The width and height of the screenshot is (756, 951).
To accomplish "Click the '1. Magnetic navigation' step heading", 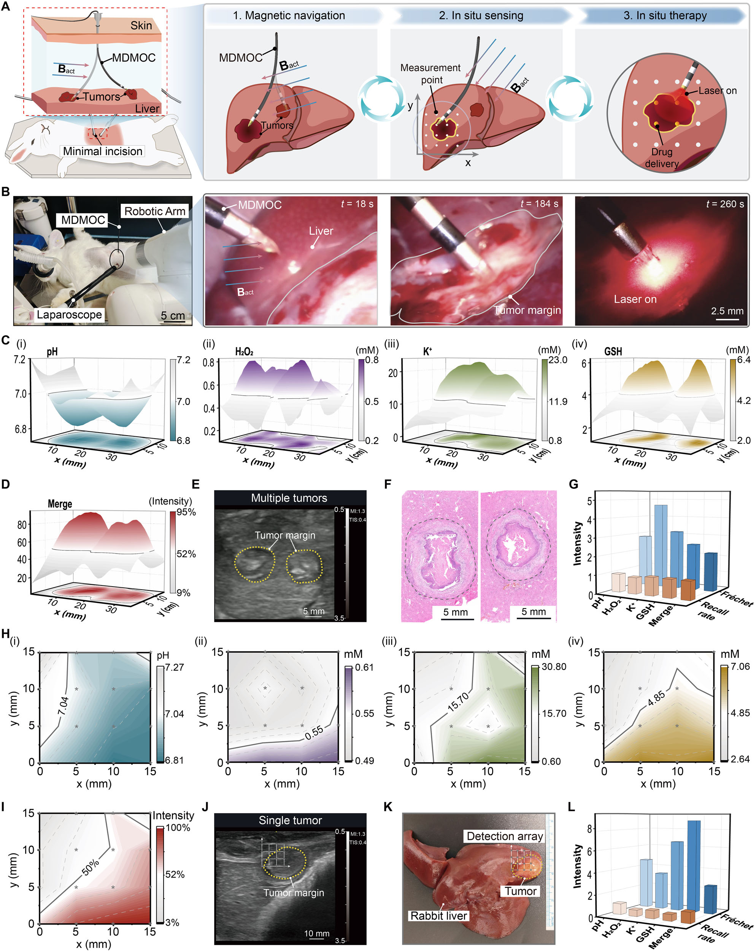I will tap(289, 16).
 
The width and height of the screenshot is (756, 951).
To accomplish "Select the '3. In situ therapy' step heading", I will tap(665, 16).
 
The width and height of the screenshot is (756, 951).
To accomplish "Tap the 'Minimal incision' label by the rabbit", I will tap(102, 151).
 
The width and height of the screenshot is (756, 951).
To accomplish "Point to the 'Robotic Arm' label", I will tap(154, 211).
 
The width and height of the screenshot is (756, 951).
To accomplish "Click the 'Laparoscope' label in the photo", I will tap(69, 315).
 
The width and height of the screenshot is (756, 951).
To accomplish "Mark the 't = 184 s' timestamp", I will tap(539, 204).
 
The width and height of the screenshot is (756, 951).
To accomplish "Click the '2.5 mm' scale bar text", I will tap(727, 311).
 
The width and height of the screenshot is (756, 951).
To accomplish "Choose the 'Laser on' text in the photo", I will tap(635, 299).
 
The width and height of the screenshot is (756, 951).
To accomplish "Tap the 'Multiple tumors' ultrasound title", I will tap(289, 498).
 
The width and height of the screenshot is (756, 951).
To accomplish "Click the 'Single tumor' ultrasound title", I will tap(290, 821).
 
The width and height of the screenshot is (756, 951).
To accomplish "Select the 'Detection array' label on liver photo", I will tap(504, 836).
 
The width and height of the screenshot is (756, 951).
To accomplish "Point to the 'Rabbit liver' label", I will tap(438, 916).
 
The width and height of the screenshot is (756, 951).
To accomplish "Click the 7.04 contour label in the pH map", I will tap(64, 705).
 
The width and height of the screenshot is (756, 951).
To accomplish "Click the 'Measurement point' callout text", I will tap(430, 74).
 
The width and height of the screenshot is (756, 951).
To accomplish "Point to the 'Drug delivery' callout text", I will tap(662, 157).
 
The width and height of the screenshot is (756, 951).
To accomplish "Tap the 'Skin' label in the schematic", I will tap(141, 25).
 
